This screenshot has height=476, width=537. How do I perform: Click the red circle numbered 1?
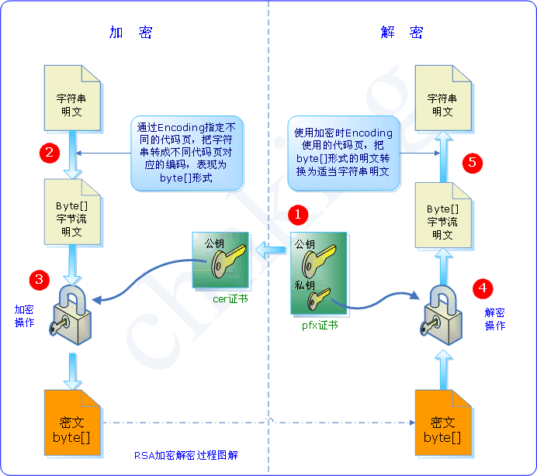coord(298,212)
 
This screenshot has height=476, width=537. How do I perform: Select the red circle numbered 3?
coord(40,278)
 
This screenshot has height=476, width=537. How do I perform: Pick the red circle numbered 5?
coord(473,163)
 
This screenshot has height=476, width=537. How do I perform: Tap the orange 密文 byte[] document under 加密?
coord(72,429)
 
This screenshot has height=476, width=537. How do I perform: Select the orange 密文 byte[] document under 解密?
coord(443,429)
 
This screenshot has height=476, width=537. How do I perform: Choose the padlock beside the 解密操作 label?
coord(442,314)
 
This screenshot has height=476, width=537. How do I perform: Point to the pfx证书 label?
coord(320,326)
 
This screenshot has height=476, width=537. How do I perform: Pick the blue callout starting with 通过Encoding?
coord(187,152)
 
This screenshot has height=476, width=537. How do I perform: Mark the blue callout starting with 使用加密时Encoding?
coord(344,153)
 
